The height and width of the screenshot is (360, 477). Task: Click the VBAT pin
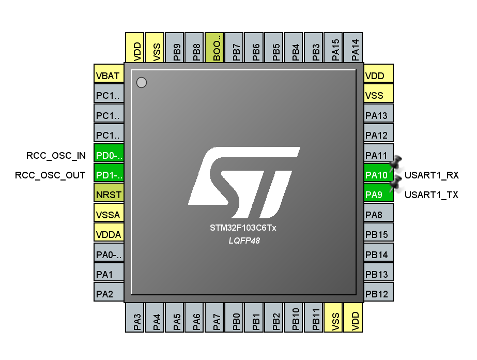click(x=109, y=76)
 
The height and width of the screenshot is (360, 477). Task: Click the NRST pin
click(x=109, y=195)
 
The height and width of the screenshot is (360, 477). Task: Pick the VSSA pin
click(x=109, y=215)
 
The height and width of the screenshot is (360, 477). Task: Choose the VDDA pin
click(x=109, y=234)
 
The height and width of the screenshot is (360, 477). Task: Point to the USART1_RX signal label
click(x=432, y=175)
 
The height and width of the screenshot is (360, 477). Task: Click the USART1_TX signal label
click(x=431, y=195)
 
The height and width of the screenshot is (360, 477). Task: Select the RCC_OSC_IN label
click(x=56, y=155)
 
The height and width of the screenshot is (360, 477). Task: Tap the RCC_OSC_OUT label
click(x=51, y=175)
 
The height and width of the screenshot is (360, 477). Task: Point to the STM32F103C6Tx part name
click(x=243, y=228)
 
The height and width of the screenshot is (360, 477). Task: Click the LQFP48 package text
click(x=244, y=241)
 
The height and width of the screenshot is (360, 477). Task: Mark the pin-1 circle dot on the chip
click(x=142, y=82)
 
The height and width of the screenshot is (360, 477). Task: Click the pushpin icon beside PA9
click(x=396, y=183)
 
